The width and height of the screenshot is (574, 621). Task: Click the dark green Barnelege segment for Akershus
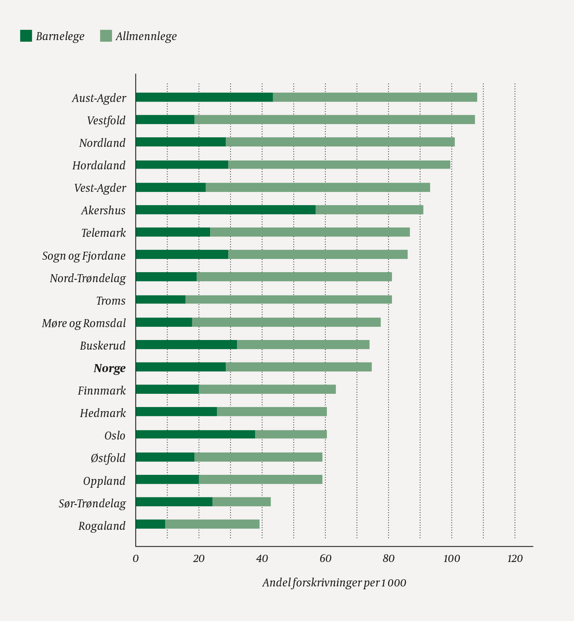click(x=225, y=210)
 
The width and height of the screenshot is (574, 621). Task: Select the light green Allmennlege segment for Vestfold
click(x=334, y=120)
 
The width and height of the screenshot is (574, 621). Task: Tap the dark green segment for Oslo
click(x=195, y=434)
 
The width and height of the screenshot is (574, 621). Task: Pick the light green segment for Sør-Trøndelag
click(x=241, y=502)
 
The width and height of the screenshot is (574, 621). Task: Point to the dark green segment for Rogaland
click(x=150, y=524)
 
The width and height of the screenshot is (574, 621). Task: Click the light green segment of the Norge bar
click(x=298, y=367)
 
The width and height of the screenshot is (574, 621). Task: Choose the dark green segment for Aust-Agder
click(x=204, y=97)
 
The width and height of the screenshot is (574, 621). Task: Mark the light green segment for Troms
click(x=288, y=299)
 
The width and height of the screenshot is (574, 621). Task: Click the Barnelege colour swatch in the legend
click(x=26, y=36)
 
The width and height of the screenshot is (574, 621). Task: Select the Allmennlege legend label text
click(x=146, y=37)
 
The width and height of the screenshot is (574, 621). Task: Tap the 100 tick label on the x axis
click(x=451, y=559)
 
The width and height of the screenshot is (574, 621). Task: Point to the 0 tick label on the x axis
click(x=136, y=559)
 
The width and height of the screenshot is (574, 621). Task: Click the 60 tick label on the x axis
click(x=325, y=559)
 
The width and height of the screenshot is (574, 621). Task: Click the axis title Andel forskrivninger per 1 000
click(x=334, y=583)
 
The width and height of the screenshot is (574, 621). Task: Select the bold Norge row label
click(x=110, y=368)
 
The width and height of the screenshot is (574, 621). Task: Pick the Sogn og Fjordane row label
click(x=84, y=256)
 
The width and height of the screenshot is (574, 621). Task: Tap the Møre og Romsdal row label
click(x=84, y=323)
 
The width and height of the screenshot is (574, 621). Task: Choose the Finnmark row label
click(x=102, y=391)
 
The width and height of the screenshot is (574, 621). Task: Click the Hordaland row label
click(x=99, y=165)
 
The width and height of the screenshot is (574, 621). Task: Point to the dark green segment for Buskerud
click(x=186, y=344)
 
